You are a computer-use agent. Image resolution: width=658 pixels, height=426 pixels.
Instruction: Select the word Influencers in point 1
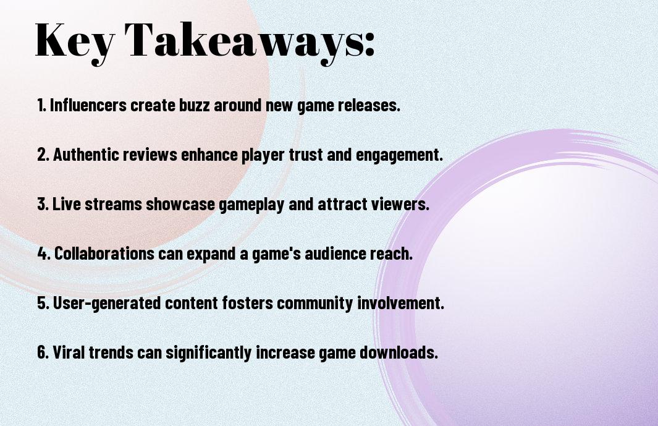tap(88, 105)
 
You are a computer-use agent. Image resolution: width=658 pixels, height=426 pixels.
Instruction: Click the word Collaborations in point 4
tap(104, 253)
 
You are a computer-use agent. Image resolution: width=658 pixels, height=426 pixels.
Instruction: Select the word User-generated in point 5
tap(107, 304)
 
